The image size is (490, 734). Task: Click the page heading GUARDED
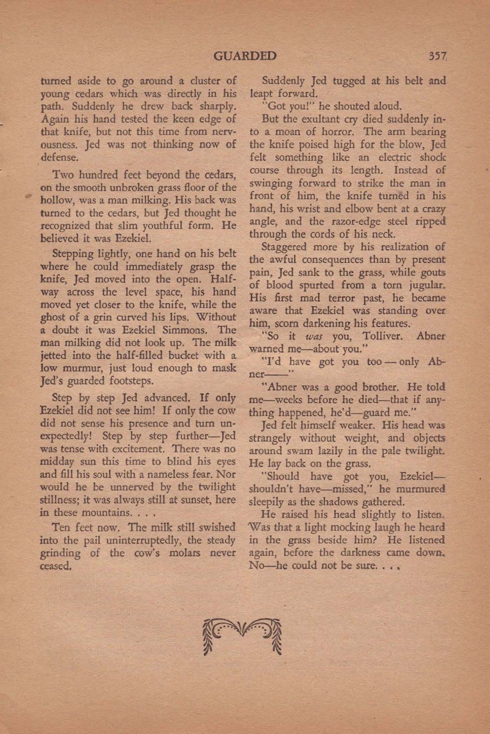(245, 56)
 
